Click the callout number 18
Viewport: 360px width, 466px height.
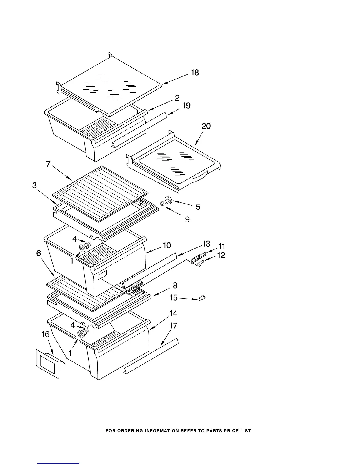coord(195,72)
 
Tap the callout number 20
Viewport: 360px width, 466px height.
coord(206,126)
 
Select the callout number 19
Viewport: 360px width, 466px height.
coord(186,105)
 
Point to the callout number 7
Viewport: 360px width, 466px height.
coord(48,164)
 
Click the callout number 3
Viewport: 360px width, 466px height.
coord(35,185)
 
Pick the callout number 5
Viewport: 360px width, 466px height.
coord(198,207)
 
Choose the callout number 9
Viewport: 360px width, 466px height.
coord(187,219)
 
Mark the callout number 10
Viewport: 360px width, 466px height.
coord(167,245)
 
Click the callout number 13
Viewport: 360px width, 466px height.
coord(206,244)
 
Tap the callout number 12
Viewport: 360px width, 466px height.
coord(221,255)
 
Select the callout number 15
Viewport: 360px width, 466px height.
coord(174,298)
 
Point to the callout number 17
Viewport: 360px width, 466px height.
coord(174,326)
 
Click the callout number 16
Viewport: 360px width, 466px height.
coord(45,334)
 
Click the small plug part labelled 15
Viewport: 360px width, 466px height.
coord(202,298)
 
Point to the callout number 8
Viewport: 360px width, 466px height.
coord(175,285)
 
